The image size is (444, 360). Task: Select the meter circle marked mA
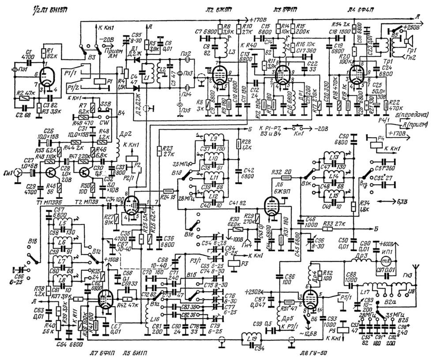pyautogui.click(x=387, y=262)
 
